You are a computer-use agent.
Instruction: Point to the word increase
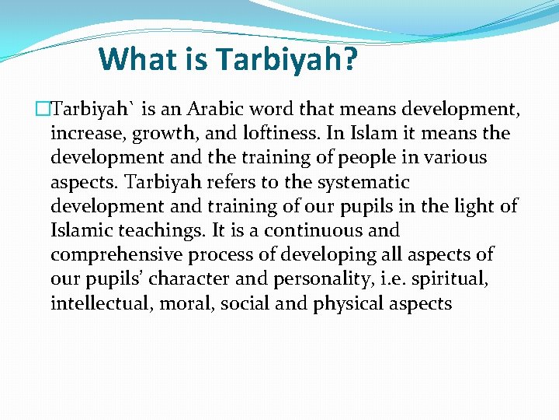pyautogui.click(x=84, y=134)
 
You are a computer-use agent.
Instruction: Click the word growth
pyautogui.click(x=162, y=134)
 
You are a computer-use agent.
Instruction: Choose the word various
pyautogui.click(x=452, y=158)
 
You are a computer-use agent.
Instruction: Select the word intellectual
pyautogui.click(x=102, y=303)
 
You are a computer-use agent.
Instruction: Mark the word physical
pyautogui.click(x=350, y=303)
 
